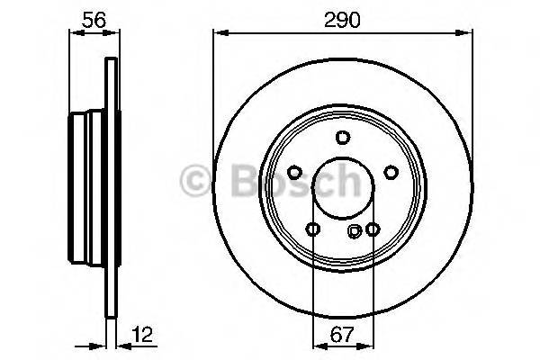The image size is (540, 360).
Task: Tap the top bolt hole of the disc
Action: pyautogui.click(x=342, y=138)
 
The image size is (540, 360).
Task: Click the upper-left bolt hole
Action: pyautogui.click(x=294, y=173)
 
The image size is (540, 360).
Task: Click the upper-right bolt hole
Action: pyautogui.click(x=390, y=173)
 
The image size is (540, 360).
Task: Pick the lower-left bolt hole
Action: pyautogui.click(x=312, y=229)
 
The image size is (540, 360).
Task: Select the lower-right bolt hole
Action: pyautogui.click(x=372, y=229)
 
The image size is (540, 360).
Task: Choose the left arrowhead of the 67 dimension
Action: pyautogui.click(x=315, y=345)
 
